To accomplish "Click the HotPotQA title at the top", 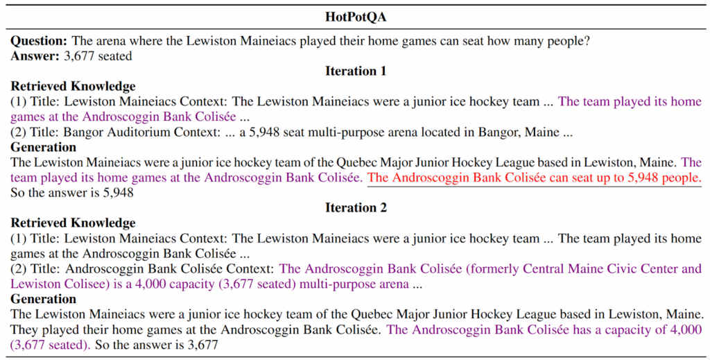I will (355, 17).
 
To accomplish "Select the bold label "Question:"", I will (38, 41).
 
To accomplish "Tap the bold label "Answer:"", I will (34, 55).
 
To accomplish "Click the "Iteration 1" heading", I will (355, 71).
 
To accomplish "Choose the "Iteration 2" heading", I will (355, 207).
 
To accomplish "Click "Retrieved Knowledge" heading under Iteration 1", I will (73, 86).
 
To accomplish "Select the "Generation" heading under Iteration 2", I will (43, 299).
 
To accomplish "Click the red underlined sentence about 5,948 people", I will (534, 178).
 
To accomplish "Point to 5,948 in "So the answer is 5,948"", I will (117, 193).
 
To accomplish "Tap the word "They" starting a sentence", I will (25, 329).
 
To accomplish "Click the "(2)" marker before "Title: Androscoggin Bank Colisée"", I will (19, 268).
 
